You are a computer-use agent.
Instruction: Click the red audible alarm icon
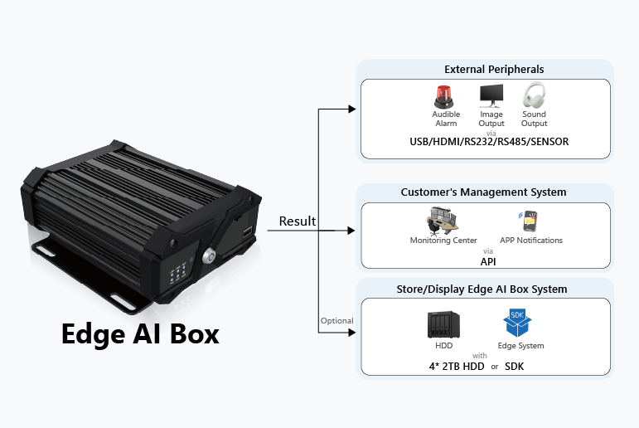tap(446, 95)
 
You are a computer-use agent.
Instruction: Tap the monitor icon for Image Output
tap(491, 95)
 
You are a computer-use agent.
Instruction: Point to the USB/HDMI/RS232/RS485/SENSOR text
tap(489, 142)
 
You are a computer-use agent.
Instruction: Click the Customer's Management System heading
tap(483, 192)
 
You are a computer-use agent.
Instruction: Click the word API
tap(488, 260)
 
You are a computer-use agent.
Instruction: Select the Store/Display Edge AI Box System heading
tap(484, 289)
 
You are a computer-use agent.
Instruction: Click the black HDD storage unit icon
tap(439, 323)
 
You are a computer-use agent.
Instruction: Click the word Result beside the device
tap(297, 221)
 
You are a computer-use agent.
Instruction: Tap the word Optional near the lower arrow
tap(336, 321)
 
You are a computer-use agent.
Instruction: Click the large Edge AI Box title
tap(140, 333)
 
